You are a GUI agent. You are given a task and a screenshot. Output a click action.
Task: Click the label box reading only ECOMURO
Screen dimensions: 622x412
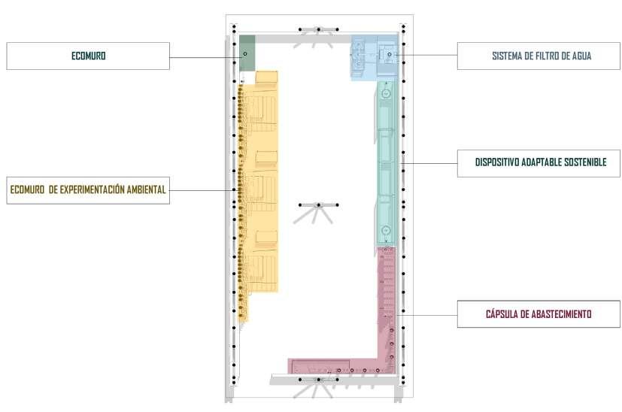pos(88,56)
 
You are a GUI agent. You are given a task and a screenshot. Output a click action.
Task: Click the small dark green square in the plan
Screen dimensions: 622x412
pos(247,53)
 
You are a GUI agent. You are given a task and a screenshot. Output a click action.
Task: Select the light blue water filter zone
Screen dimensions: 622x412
pos(374,56)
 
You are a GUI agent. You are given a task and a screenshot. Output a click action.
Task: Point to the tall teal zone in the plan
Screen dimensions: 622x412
pos(386,165)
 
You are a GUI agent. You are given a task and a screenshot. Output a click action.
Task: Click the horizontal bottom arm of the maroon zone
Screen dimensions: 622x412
pos(331,367)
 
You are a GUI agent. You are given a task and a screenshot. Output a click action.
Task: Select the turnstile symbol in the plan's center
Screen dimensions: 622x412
pos(317,205)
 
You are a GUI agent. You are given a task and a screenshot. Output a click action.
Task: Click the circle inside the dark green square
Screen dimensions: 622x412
pos(245,54)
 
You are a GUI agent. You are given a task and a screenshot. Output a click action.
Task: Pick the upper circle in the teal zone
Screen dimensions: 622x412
pos(385,94)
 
